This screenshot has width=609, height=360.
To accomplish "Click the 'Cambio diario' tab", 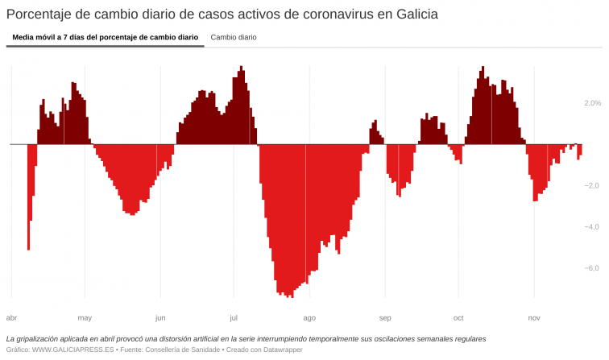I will (x=234, y=37).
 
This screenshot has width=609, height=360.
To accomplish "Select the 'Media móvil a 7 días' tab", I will (x=106, y=37).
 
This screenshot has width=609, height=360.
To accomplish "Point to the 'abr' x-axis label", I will (x=11, y=317).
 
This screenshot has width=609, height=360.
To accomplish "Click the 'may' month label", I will (x=85, y=317).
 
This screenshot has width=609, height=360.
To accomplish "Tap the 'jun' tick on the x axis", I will (x=160, y=317).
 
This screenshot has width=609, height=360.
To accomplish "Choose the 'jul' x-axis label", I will (x=233, y=317).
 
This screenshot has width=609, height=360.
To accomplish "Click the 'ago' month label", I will (x=309, y=317).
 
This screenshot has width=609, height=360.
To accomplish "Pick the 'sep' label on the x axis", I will (x=385, y=317).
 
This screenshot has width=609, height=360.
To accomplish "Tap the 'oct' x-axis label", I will (x=458, y=317).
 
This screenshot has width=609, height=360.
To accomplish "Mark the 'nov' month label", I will (x=534, y=317).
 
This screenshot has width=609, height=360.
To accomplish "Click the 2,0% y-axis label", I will (x=592, y=103).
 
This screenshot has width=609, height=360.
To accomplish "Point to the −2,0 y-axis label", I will (x=591, y=186).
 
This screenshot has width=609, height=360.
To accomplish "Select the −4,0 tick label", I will (x=591, y=227).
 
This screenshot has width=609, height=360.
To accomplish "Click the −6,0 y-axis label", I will (x=591, y=268).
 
